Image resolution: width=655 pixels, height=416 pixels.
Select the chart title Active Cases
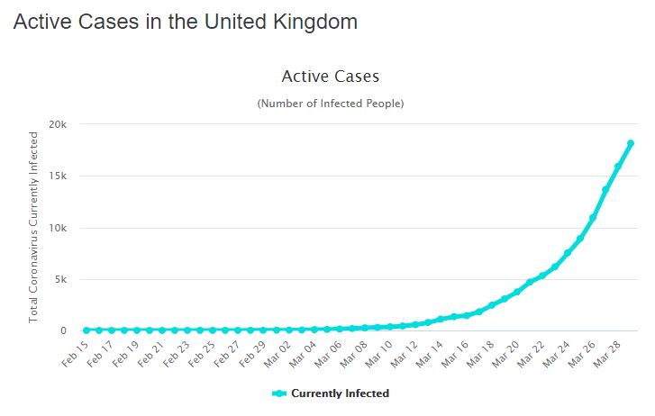(x=331, y=77)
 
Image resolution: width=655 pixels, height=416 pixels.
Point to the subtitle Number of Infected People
(x=331, y=104)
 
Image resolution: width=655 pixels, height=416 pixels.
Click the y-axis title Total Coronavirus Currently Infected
(x=33, y=227)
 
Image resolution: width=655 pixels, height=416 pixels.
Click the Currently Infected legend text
(x=340, y=393)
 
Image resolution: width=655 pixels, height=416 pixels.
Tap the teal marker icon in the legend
(x=278, y=393)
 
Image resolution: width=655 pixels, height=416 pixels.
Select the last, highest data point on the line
(x=631, y=143)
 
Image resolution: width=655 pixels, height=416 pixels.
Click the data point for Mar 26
(x=593, y=218)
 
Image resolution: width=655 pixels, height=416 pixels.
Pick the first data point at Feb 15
(x=86, y=330)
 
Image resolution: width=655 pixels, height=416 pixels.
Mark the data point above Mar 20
(x=517, y=292)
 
